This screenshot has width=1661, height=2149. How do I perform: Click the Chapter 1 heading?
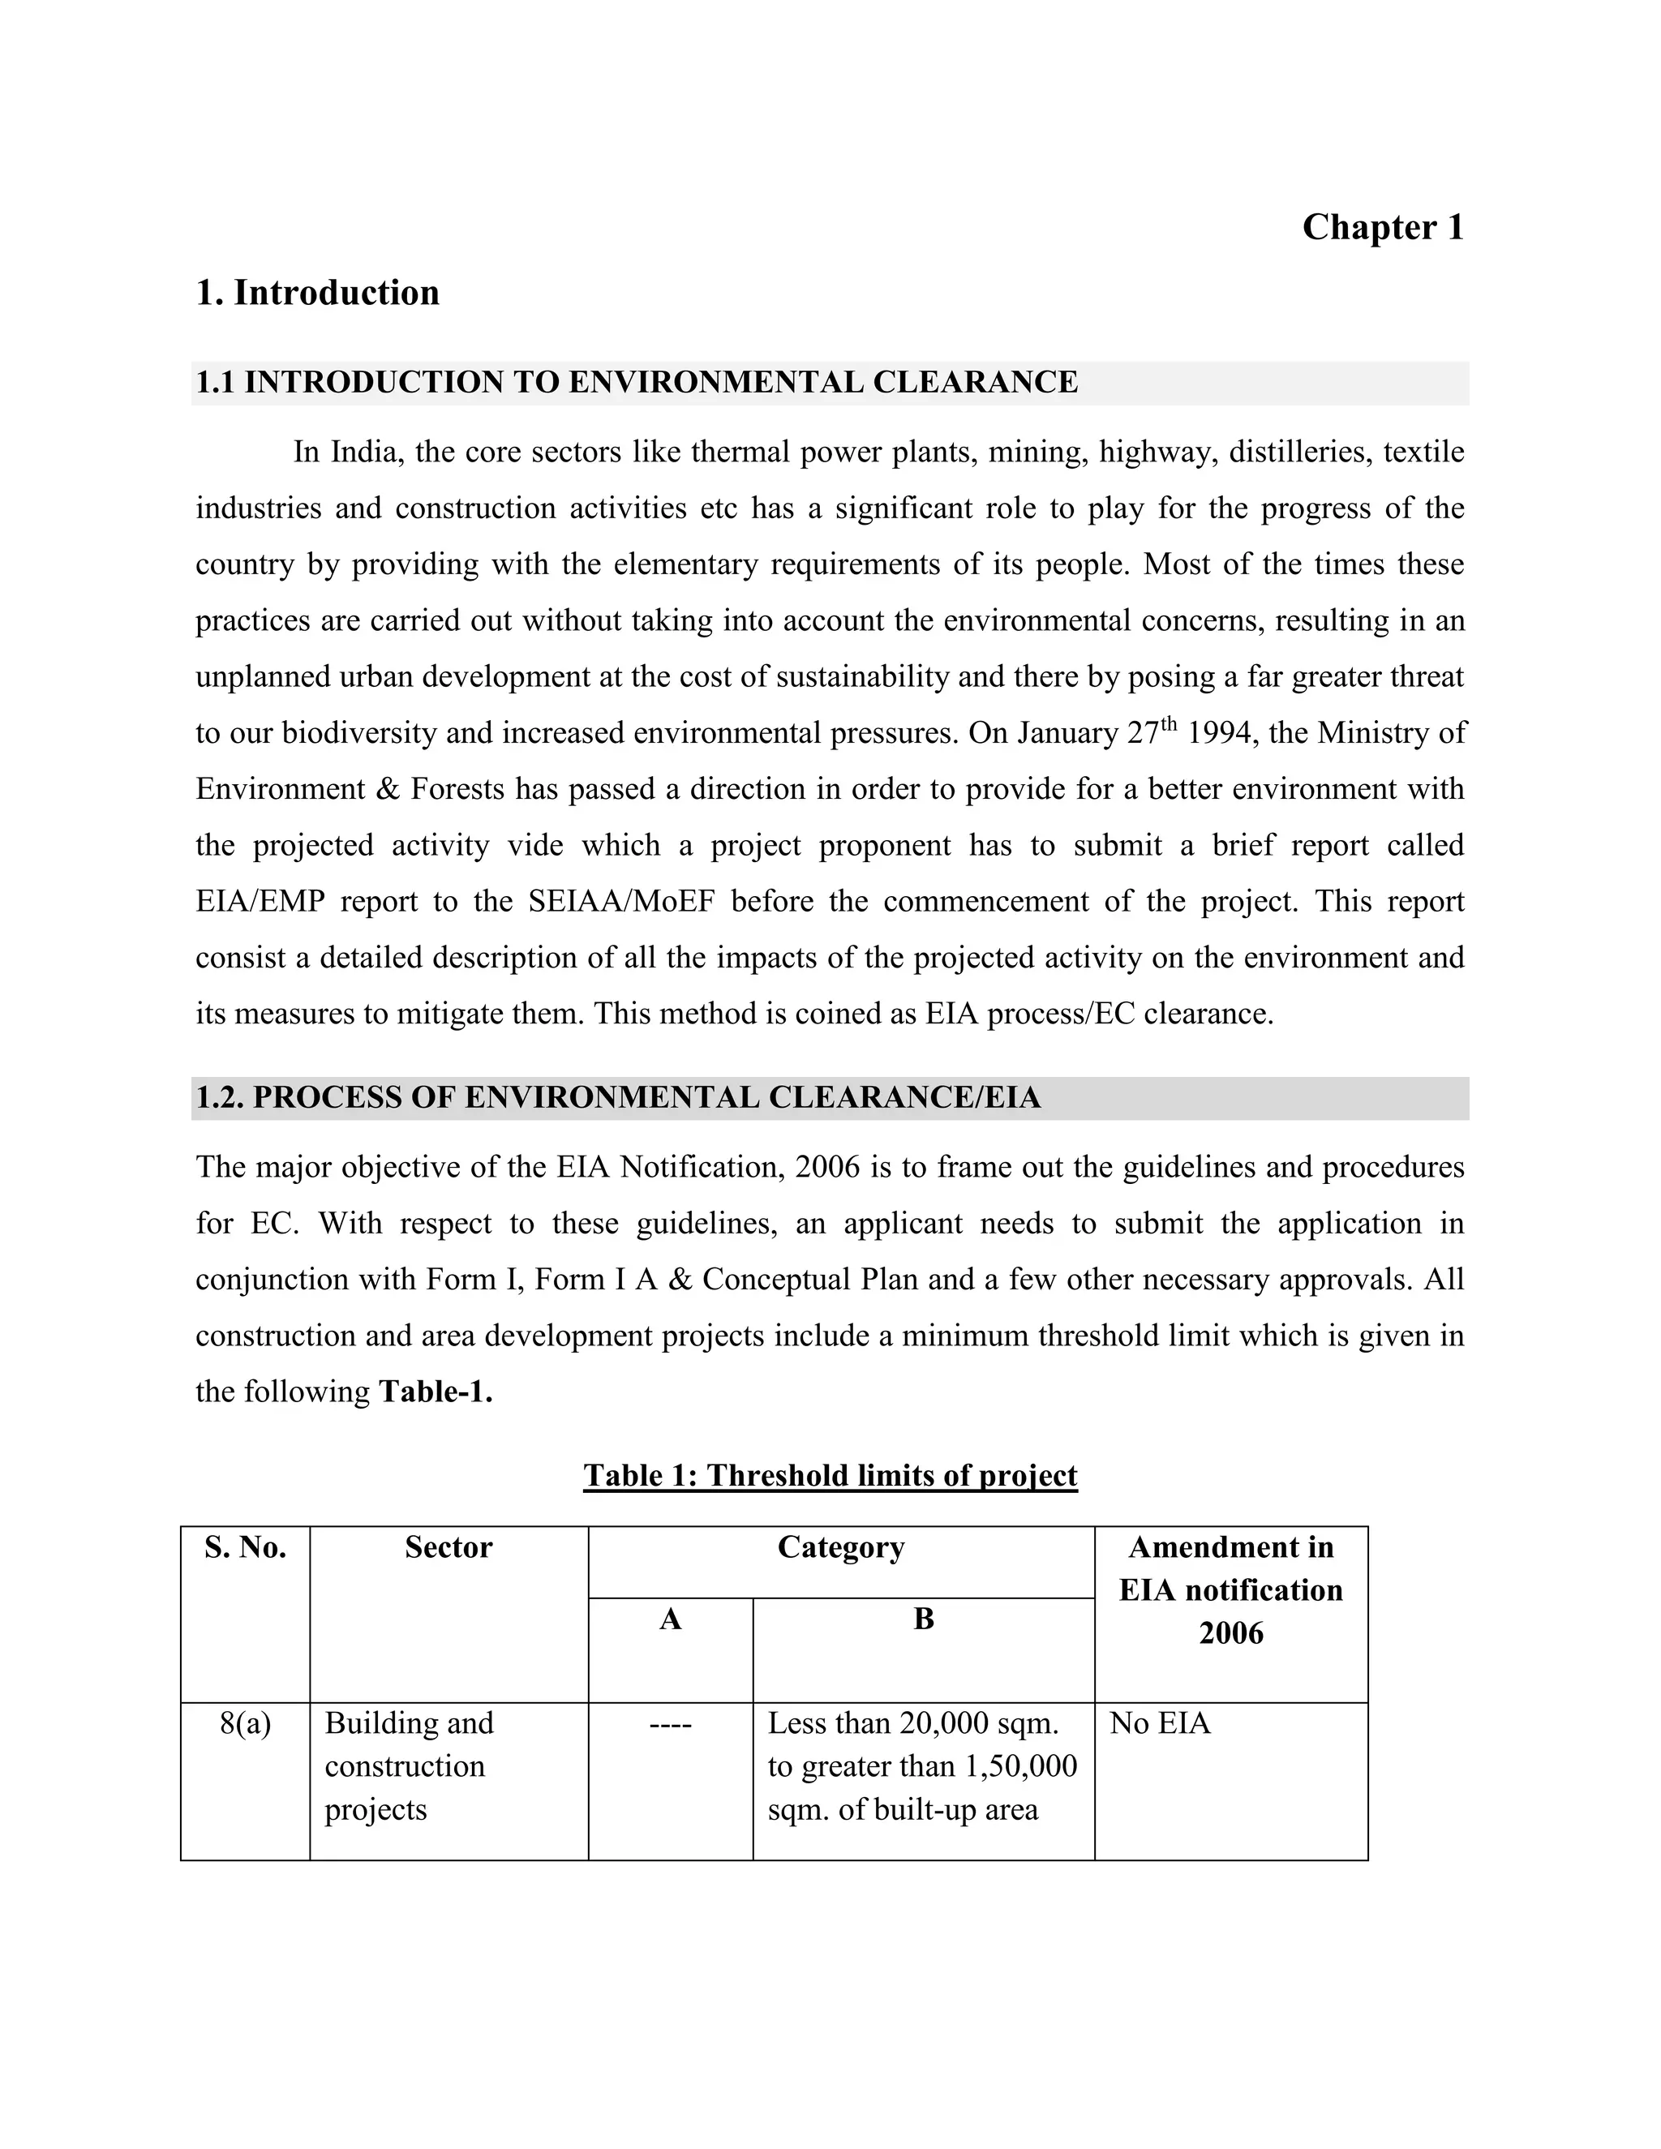coord(1383,227)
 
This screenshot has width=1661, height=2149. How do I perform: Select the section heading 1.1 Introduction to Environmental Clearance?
coord(636,383)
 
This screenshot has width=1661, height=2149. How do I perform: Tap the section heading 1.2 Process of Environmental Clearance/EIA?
coord(617,1098)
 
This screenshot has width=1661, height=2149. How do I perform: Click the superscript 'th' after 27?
coord(1168,725)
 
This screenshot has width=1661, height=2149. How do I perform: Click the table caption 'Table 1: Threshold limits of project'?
coord(830,1476)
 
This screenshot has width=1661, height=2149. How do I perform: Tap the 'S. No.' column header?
coord(245,1549)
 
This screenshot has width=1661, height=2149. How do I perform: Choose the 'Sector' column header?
coord(448,1549)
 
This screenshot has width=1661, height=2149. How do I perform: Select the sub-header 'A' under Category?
coord(670,1619)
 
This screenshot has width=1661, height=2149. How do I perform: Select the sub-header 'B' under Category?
coord(923,1619)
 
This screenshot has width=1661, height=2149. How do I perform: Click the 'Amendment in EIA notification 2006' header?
coord(1230,1591)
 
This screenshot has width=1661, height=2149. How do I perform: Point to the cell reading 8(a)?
coord(245,1724)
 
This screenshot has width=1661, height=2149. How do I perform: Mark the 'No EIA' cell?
coord(1159,1724)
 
